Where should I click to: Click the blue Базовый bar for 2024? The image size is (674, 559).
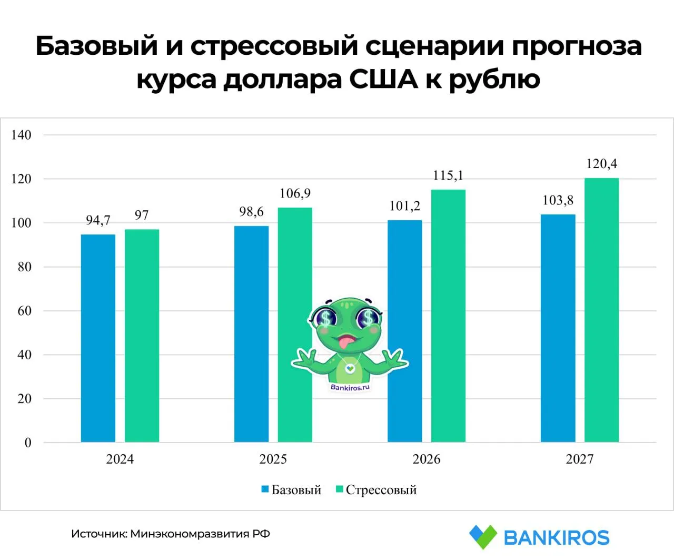coord(98,337)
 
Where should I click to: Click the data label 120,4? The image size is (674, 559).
coord(601,164)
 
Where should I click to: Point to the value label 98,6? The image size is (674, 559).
coord(251,212)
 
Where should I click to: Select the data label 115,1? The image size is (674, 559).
coord(448,175)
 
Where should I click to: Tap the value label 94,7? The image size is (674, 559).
coord(98,220)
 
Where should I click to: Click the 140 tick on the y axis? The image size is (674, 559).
coord(21,135)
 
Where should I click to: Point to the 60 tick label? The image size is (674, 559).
coord(24,311)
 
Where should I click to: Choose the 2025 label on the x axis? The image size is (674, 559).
coord(273,459)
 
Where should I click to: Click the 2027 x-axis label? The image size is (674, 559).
coord(579,459)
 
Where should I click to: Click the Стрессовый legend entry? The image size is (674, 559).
coord(381,490)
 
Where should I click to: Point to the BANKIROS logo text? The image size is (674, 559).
coord(556,538)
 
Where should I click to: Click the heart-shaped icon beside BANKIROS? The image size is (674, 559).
coord(482,537)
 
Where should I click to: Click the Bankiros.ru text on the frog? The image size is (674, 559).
coord(350,388)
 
